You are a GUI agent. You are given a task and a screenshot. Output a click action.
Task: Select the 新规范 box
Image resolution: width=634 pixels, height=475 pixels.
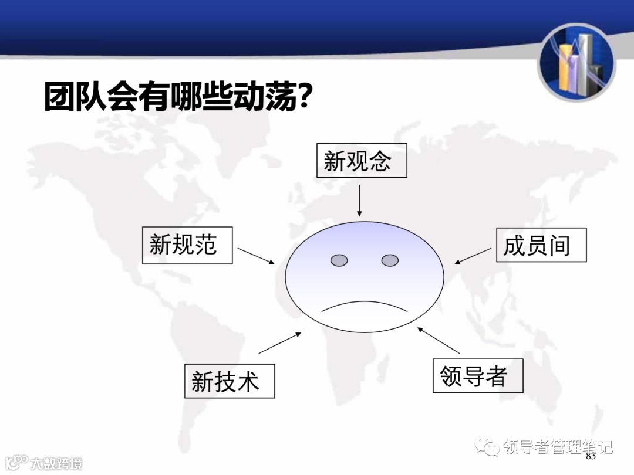point(187,245)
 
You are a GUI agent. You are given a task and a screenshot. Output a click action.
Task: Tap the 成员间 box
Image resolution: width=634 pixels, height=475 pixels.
point(541,245)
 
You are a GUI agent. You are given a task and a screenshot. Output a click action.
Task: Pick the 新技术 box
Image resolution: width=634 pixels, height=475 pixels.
point(230,381)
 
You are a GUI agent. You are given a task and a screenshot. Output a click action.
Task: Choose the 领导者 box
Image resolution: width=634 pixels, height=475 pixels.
point(477,376)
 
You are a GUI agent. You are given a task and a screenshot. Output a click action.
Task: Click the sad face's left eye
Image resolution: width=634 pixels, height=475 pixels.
point(339,260)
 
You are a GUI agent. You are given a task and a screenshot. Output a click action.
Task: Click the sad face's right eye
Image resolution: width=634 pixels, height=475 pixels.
point(390,260)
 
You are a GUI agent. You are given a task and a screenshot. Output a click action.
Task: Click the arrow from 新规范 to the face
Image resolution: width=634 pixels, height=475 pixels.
point(256,256)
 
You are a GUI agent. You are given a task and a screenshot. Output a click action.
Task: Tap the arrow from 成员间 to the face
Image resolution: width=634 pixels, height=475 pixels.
point(473,256)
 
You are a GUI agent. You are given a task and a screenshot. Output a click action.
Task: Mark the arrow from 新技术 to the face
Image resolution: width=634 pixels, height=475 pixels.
point(279,343)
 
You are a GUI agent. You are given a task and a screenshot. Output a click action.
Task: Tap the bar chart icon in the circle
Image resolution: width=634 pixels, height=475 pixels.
point(577,63)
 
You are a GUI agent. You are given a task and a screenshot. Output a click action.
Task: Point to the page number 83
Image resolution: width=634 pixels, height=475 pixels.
point(591,456)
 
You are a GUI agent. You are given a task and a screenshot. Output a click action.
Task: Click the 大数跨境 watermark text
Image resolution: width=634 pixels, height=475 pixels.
point(56,463)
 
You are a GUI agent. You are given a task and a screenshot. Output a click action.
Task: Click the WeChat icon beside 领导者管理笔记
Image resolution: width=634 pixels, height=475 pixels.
point(488,447)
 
